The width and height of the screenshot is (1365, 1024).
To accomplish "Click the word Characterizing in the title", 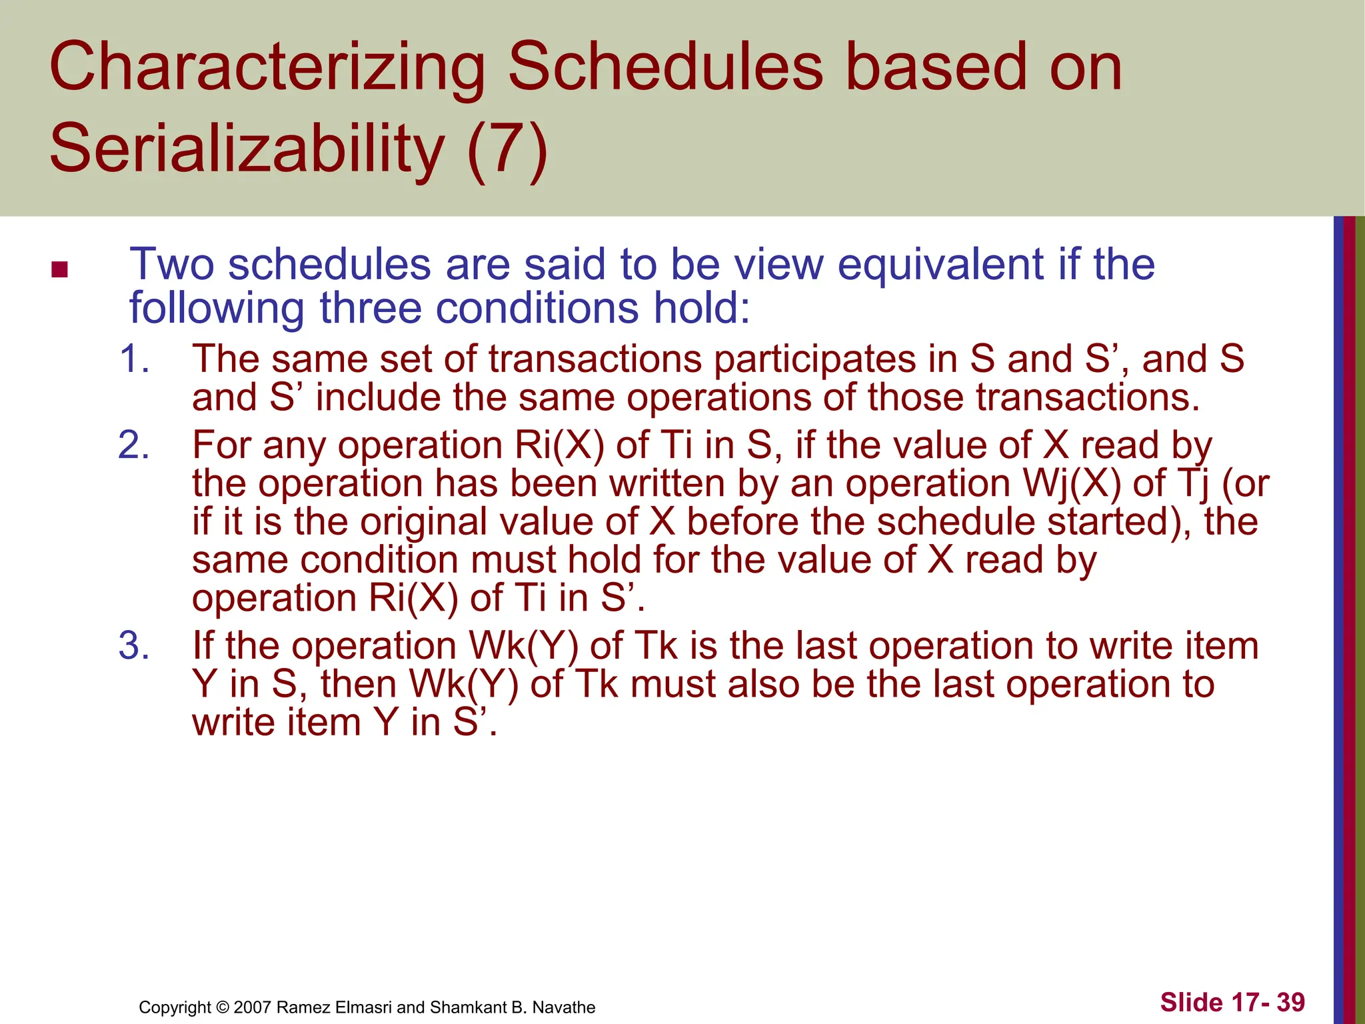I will (x=267, y=67).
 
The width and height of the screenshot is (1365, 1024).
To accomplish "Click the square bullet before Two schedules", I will (x=59, y=270).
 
